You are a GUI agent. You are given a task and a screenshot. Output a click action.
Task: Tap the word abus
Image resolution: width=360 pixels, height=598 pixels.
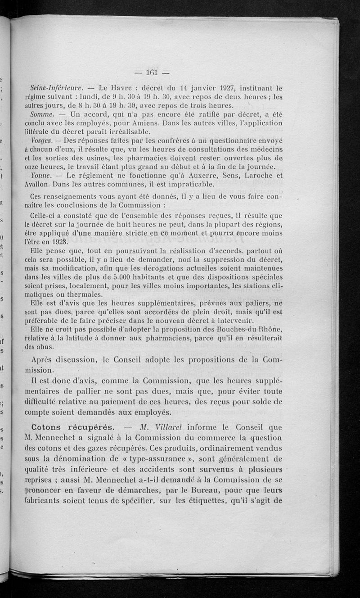46,347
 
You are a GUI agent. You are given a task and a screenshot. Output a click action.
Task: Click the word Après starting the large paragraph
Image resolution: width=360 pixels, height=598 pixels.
46,360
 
